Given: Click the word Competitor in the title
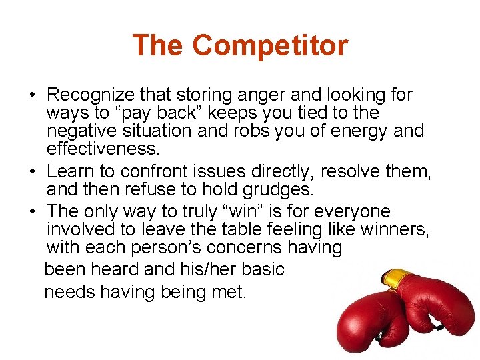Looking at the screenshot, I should tap(270, 46).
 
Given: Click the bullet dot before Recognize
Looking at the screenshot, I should tap(33, 95).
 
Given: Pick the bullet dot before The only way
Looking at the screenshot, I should tap(33, 213).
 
